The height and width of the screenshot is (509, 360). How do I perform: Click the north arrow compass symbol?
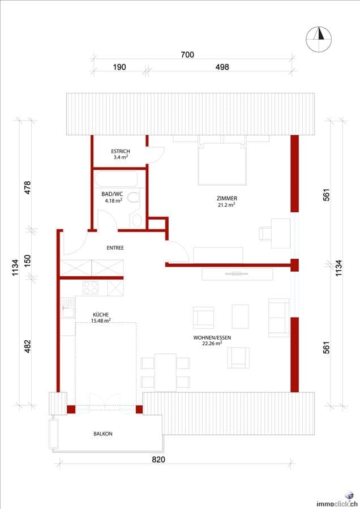click(319, 39)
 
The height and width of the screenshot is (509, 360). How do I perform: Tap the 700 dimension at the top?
click(187, 54)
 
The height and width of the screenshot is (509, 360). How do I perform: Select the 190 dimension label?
click(119, 67)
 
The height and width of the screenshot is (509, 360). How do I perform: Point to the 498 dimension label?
click(222, 67)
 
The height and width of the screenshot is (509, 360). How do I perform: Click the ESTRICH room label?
click(121, 151)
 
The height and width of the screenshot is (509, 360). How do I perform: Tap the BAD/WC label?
click(112, 194)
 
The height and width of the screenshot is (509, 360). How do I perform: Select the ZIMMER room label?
click(227, 198)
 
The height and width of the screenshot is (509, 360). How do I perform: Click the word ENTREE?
click(115, 247)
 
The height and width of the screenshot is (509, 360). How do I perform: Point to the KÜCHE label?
click(101, 315)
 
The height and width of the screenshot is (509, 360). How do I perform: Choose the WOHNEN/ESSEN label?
click(212, 337)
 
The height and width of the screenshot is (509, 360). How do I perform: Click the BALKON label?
click(103, 434)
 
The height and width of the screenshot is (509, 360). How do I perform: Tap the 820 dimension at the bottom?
click(158, 460)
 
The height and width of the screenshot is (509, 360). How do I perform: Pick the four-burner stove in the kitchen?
click(91, 288)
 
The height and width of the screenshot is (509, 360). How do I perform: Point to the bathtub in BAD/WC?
click(116, 179)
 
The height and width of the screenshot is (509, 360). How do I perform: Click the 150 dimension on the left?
click(27, 260)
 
